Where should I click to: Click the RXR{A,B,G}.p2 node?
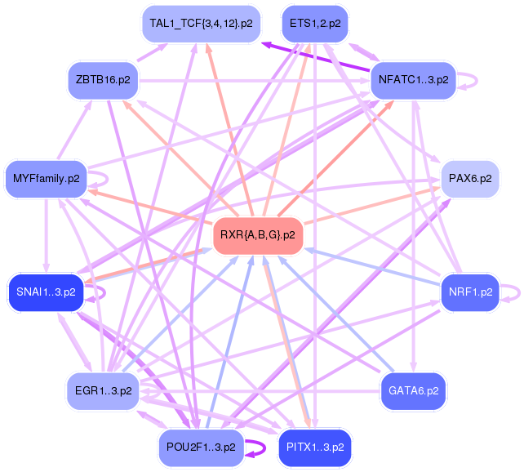tap(257, 235)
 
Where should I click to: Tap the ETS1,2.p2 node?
tap(314, 24)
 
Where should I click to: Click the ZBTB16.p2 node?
tap(104, 80)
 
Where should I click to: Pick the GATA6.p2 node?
tap(413, 390)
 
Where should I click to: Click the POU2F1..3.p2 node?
tap(201, 448)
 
